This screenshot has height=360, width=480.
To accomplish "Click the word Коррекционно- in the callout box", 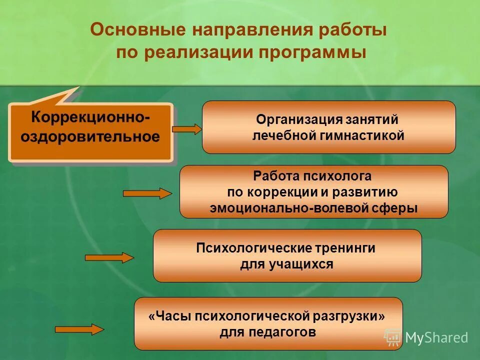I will tap(90, 118).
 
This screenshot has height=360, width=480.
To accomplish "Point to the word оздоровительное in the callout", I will tap(90, 137).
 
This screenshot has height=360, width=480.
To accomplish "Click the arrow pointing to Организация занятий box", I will tap(186, 129).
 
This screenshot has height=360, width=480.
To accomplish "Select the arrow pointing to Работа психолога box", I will tap(147, 193).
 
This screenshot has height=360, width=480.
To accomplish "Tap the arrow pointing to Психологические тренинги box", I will tap(109, 257).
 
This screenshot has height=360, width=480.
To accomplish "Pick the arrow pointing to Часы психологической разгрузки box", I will tap(79, 329).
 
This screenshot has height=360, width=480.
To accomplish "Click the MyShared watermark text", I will tap(436, 338).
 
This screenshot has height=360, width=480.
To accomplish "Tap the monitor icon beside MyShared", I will tap(392, 337).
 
